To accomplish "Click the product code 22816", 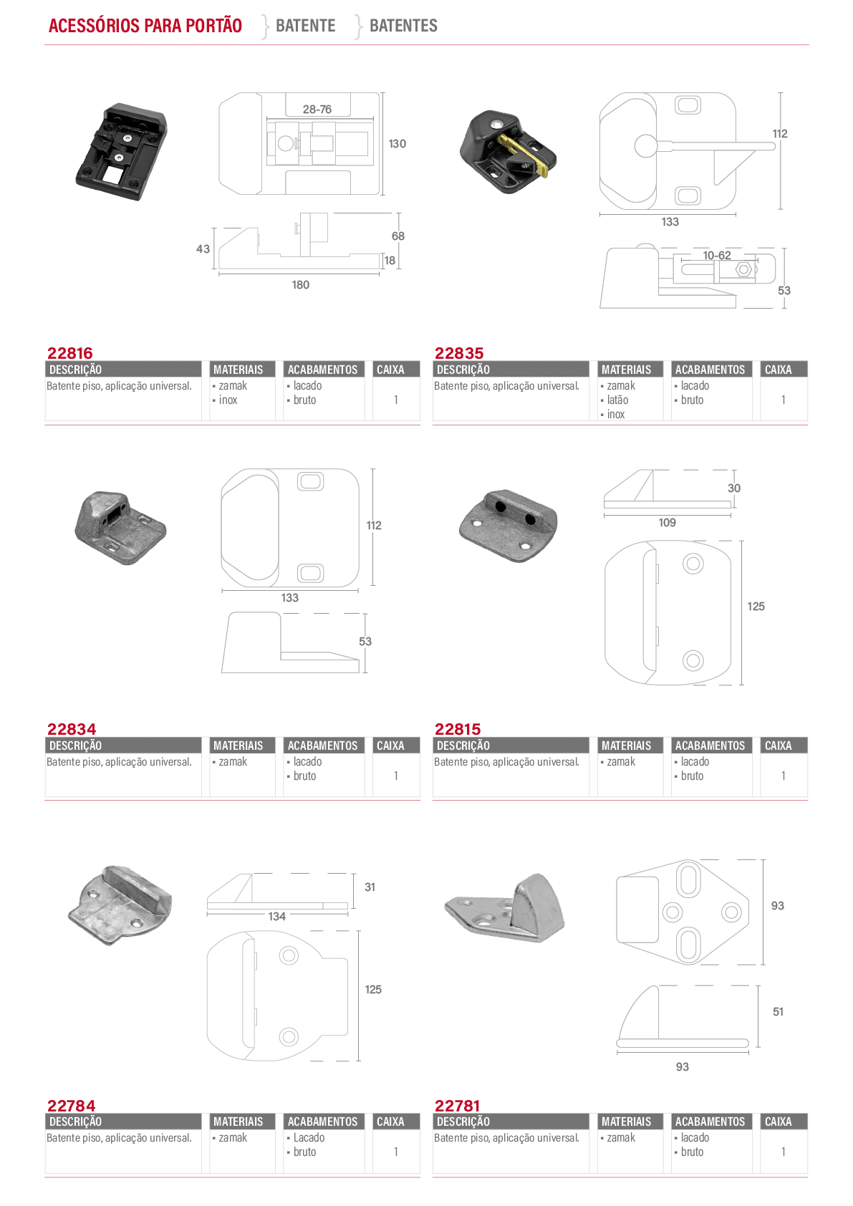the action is point(70,353).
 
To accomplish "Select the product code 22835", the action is point(459,353).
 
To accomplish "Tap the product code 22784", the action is point(71,1106).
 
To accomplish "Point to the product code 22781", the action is point(457,1106).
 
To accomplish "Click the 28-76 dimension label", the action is point(317,110).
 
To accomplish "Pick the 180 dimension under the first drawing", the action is point(301,285).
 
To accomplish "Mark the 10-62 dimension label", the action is point(717,255).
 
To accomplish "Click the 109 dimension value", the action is point(668,522).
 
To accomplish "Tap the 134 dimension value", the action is point(276,917).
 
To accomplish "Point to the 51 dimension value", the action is point(778,1012).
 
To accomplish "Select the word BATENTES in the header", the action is point(403,25).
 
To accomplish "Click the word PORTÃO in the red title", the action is point(214,25).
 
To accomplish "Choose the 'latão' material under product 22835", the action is point(617,400).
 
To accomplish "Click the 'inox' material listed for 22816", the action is point(228,400).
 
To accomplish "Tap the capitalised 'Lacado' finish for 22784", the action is point(309,1138).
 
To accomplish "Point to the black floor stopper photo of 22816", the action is point(121,152).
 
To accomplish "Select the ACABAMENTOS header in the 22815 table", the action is point(710,746).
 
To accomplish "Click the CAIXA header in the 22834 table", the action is point(390,746).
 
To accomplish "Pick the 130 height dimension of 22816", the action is point(397,144).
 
